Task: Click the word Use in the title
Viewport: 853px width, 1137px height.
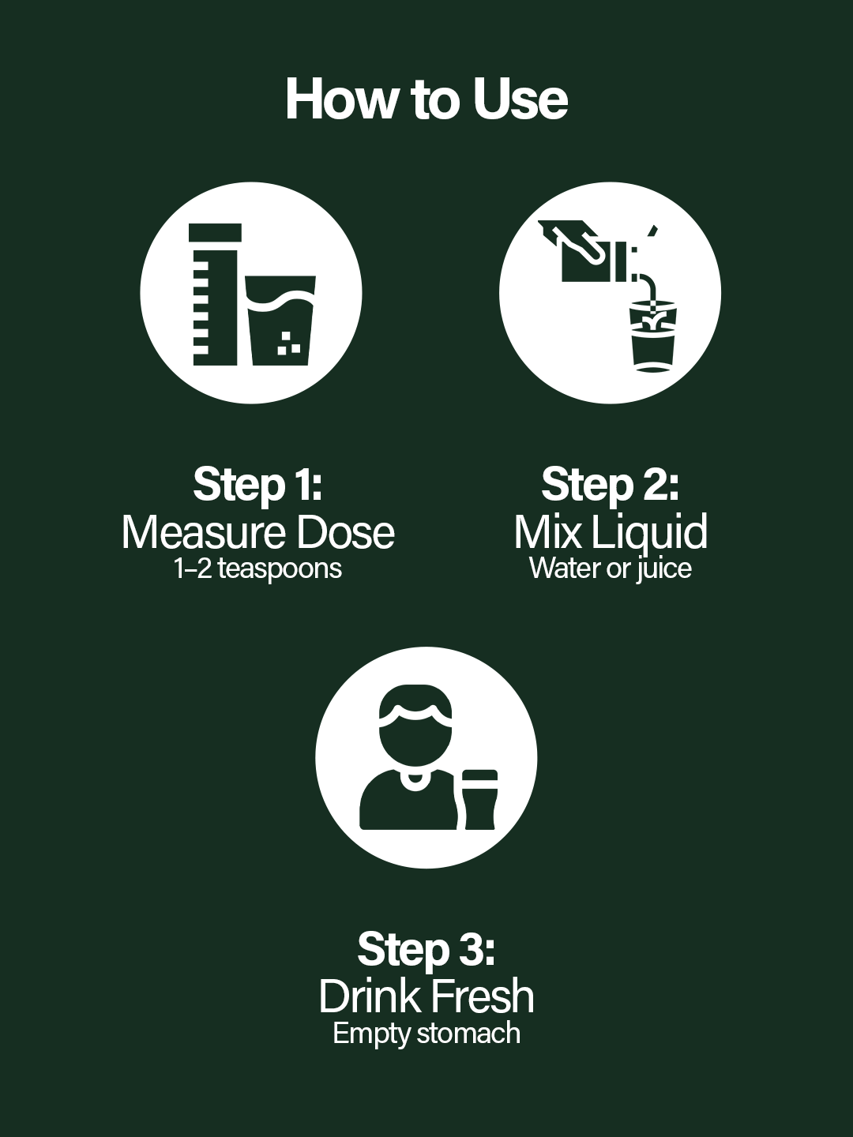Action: pyautogui.click(x=520, y=99)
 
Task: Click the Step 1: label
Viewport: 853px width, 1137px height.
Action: pyautogui.click(x=257, y=484)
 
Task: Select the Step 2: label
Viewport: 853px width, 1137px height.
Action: pyautogui.click(x=610, y=484)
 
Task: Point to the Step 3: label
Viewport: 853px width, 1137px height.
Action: pyautogui.click(x=426, y=948)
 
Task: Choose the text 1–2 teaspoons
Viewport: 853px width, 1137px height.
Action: pyautogui.click(x=257, y=568)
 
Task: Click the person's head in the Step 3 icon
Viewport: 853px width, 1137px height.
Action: pyautogui.click(x=415, y=726)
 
